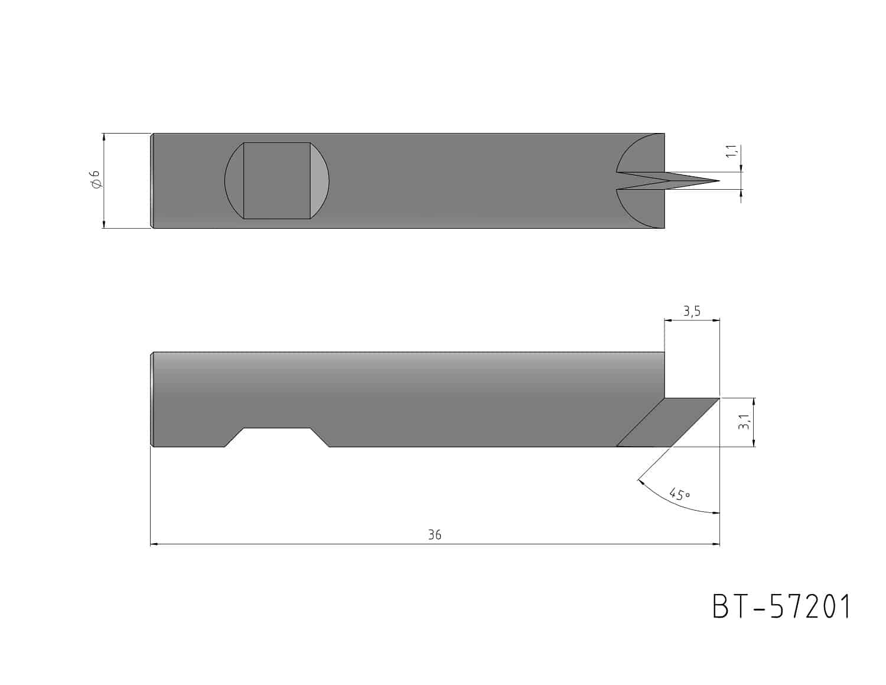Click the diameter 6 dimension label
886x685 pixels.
[x=96, y=180]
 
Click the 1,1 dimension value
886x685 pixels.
[x=732, y=151]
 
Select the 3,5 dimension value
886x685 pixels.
[x=692, y=311]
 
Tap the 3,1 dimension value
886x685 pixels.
[x=744, y=421]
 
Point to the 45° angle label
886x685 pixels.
[x=680, y=494]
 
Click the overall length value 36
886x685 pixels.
[x=435, y=534]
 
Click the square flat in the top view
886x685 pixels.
[x=277, y=181]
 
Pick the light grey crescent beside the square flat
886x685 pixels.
[x=320, y=181]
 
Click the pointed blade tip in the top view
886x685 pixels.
[x=718, y=181]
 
